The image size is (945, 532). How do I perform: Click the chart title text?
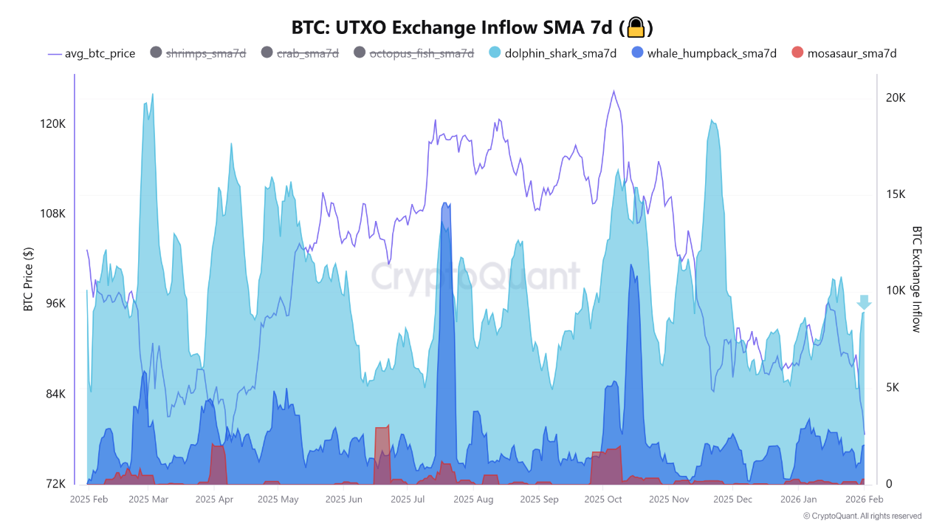(454, 28)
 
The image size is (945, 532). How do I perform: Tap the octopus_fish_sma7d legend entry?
(421, 53)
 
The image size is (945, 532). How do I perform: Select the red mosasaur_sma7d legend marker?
(797, 53)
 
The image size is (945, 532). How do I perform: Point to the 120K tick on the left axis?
(52, 123)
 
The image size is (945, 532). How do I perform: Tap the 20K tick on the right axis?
(896, 98)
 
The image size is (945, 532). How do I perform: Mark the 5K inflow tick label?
(895, 387)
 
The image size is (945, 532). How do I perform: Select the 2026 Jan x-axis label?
(800, 499)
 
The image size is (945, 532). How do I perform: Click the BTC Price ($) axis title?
(28, 279)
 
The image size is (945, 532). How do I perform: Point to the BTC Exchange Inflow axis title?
(916, 279)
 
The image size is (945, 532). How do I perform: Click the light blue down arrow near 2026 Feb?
(864, 302)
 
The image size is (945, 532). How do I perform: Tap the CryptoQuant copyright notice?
(862, 516)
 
